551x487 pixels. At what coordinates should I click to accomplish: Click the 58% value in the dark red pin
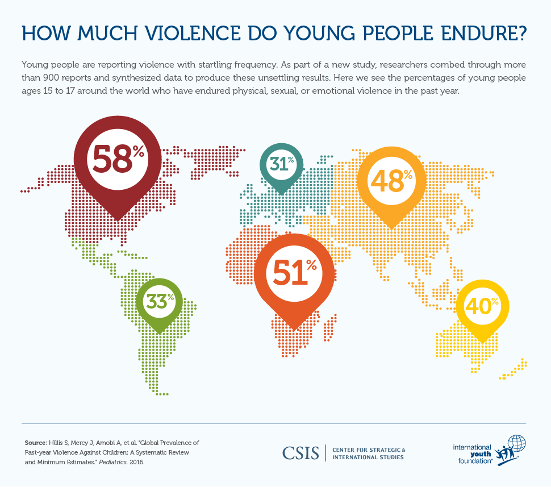coord(117,159)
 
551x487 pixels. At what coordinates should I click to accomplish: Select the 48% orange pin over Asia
coord(391,181)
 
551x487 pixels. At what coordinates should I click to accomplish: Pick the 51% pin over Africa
coord(294,273)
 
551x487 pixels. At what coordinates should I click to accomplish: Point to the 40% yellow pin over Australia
coord(482,306)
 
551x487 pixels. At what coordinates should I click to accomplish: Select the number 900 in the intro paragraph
coord(55,77)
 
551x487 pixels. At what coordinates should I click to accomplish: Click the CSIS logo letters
coord(301,453)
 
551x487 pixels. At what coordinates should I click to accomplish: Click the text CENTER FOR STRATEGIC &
coord(369,449)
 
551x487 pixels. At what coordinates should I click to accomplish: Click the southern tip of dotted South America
coord(162,393)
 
